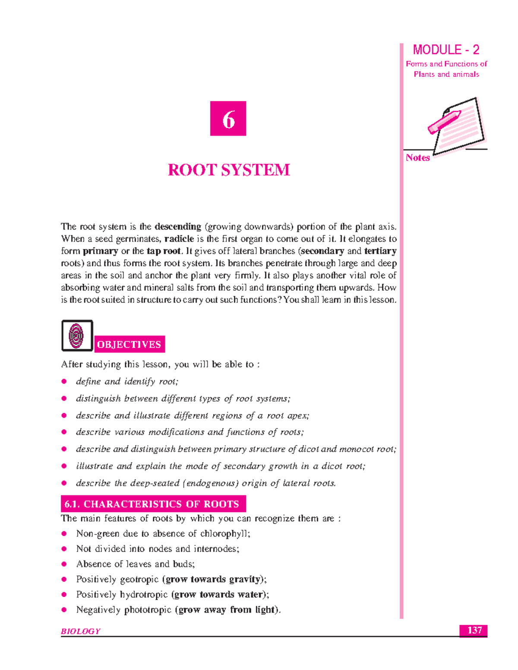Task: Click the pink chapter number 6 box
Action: [228, 119]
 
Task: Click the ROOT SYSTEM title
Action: [229, 170]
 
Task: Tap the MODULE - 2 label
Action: [446, 50]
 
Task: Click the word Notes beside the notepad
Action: [417, 158]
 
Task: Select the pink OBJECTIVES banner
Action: [129, 344]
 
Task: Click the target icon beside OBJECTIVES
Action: [77, 336]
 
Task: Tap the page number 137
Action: [474, 630]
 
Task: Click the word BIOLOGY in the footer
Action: [81, 631]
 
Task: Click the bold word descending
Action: [178, 226]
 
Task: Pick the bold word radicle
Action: [179, 239]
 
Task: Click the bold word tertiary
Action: [380, 251]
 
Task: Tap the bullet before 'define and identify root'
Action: [64, 381]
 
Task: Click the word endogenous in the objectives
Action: [211, 483]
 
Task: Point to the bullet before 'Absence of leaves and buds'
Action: [64, 564]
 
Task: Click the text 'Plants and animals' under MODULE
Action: [446, 74]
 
